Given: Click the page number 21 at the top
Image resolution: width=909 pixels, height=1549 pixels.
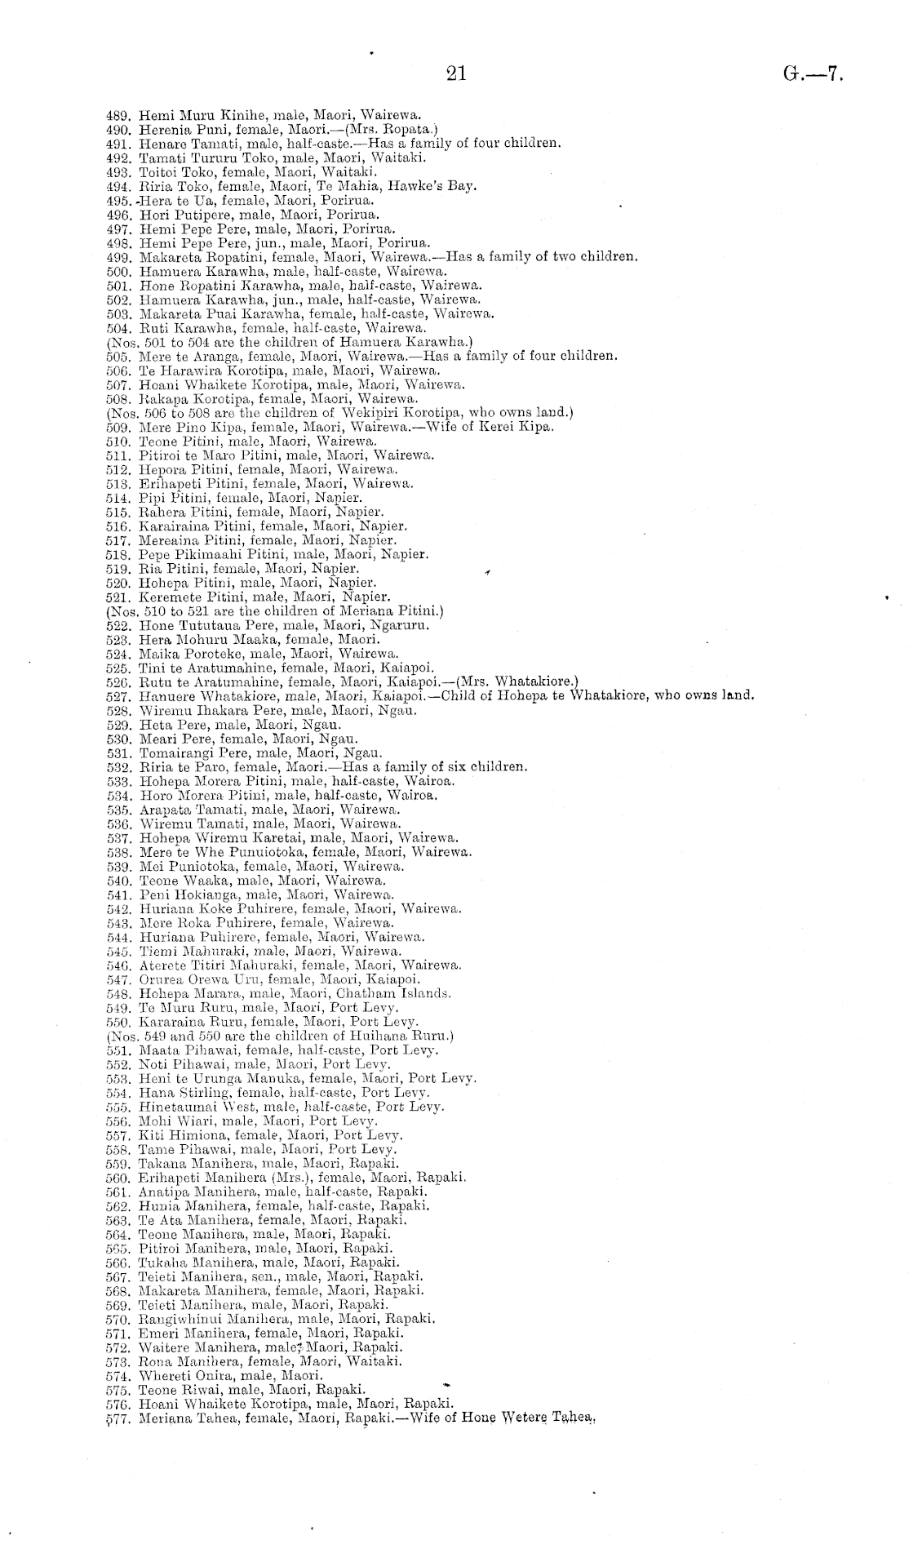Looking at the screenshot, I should [455, 74].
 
